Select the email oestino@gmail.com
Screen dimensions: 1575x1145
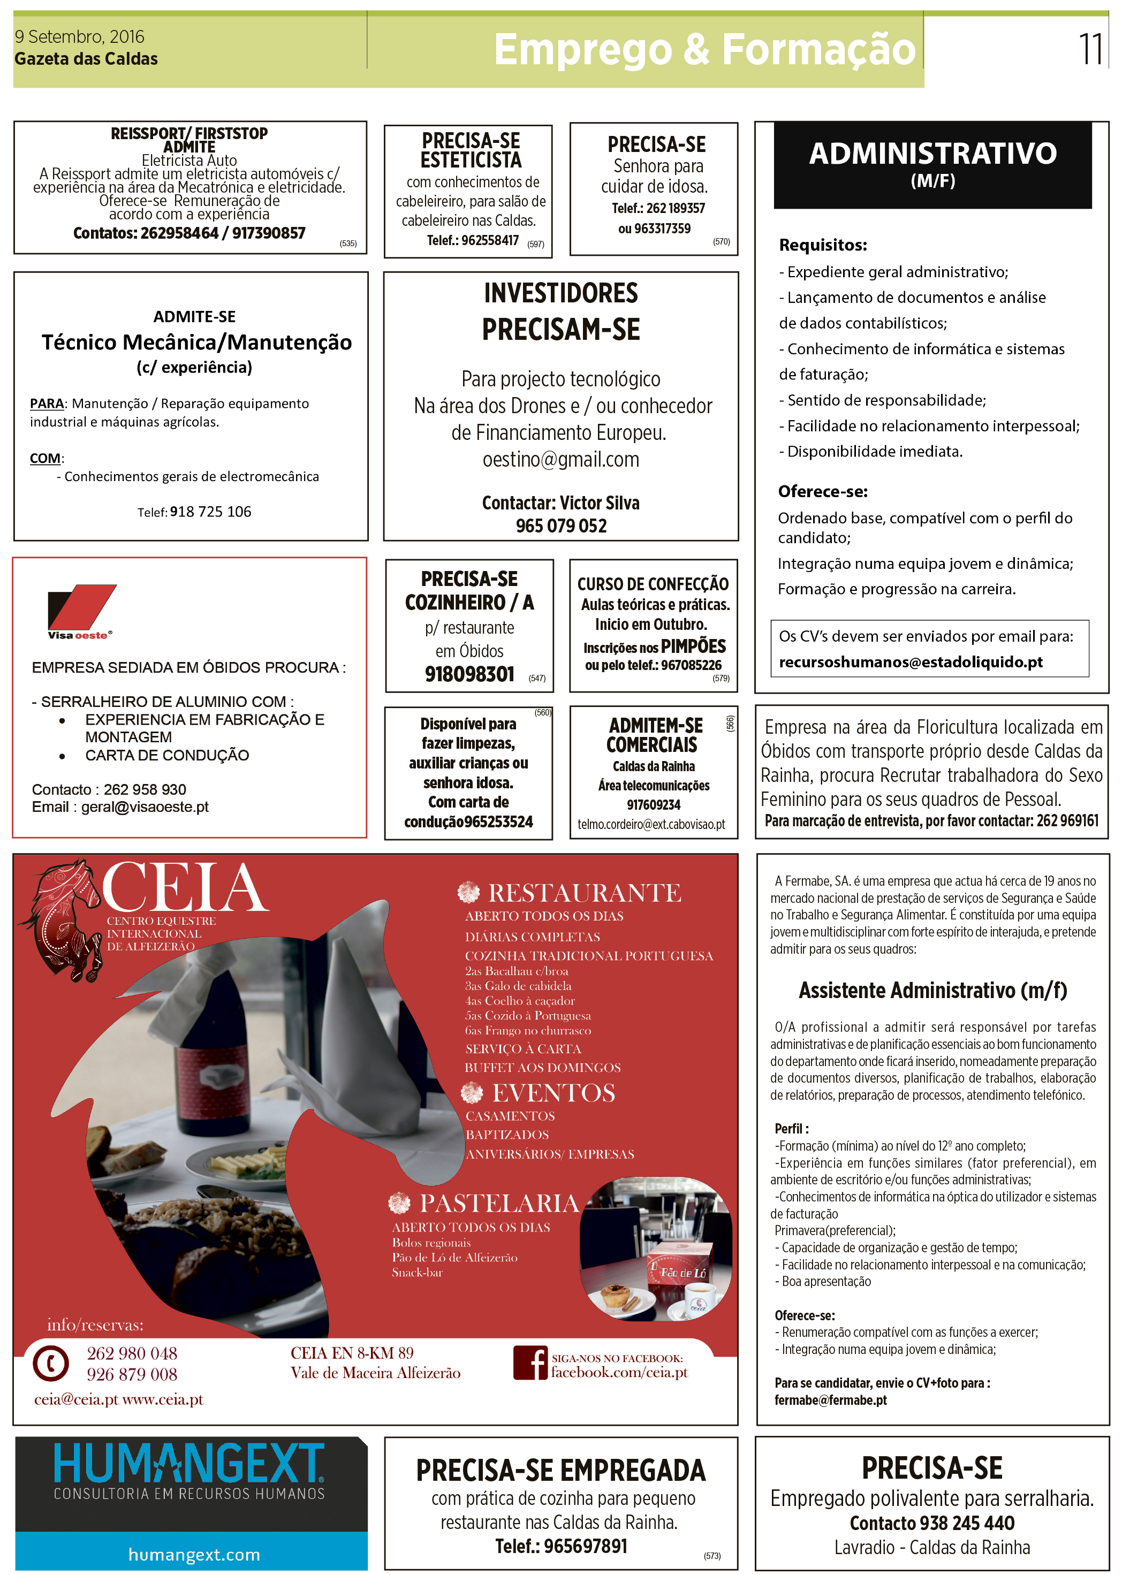[x=560, y=460]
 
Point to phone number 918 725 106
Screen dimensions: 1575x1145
[x=210, y=512]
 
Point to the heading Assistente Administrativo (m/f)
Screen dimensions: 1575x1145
[x=932, y=990]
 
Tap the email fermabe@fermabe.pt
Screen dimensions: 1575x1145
[x=830, y=1400]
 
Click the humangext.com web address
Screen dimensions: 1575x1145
[x=194, y=1554]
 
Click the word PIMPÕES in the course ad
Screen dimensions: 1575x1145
[x=693, y=646]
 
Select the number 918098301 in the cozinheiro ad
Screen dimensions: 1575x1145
[x=469, y=674]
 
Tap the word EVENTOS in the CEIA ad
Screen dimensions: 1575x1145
[x=553, y=1093]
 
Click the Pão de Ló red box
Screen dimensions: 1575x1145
[x=679, y=1271]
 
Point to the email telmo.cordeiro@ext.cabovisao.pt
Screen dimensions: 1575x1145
[x=651, y=824]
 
